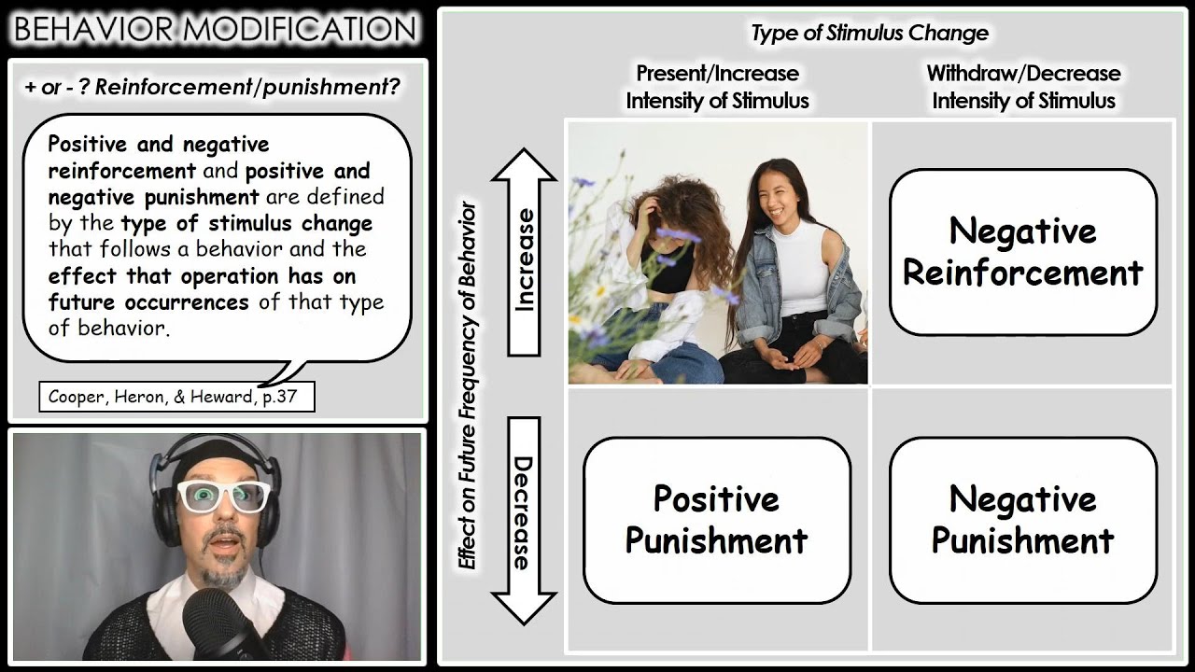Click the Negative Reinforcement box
(x=1022, y=252)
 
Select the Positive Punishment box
(x=716, y=519)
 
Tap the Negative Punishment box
(x=1022, y=519)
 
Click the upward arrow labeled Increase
(x=524, y=252)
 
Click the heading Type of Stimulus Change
(x=869, y=34)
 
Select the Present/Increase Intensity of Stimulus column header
(x=717, y=87)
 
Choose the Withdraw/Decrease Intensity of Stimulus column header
(x=1023, y=87)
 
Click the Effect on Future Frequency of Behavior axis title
(x=467, y=385)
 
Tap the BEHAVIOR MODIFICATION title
(x=215, y=29)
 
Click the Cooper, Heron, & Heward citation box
(x=176, y=398)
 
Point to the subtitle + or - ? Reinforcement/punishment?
(x=213, y=88)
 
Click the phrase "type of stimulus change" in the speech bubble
(x=246, y=224)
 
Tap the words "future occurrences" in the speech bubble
(x=148, y=302)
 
